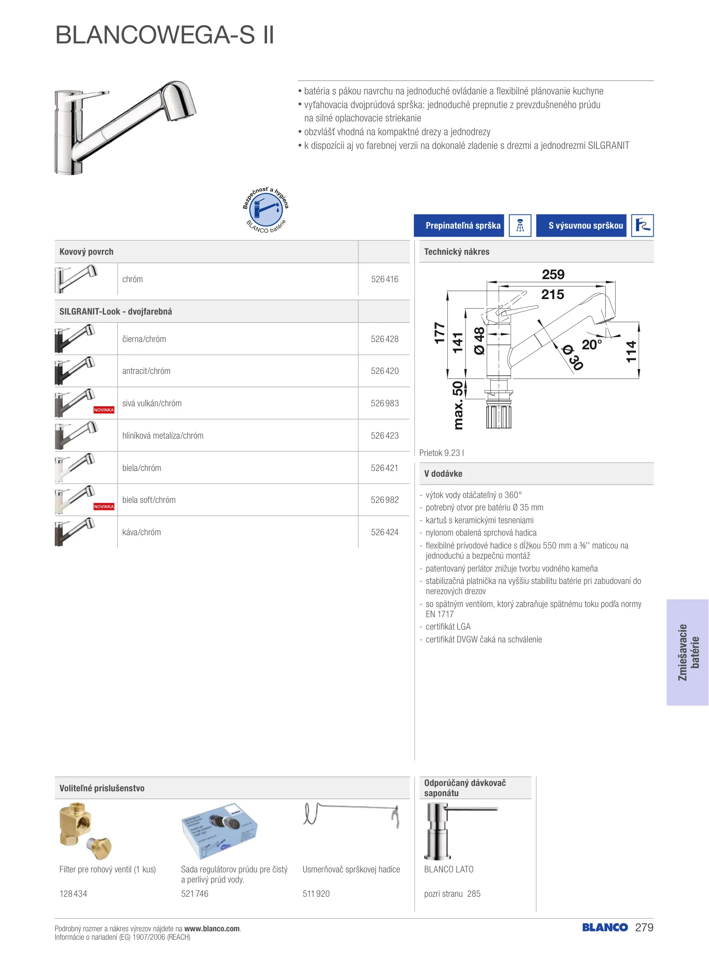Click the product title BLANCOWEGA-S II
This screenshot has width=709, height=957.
pyautogui.click(x=165, y=35)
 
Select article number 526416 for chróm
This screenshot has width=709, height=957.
pyautogui.click(x=384, y=279)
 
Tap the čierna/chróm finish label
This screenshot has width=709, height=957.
pyautogui.click(x=144, y=339)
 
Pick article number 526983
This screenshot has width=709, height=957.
pyautogui.click(x=384, y=403)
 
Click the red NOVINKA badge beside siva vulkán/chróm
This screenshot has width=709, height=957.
pyautogui.click(x=104, y=410)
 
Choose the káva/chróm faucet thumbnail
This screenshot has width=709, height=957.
pyautogui.click(x=75, y=532)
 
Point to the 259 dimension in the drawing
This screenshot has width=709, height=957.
pyautogui.click(x=553, y=275)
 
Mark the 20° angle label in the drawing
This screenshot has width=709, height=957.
pyautogui.click(x=592, y=344)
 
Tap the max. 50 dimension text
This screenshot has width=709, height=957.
pyautogui.click(x=458, y=405)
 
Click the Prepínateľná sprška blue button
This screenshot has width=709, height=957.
pyautogui.click(x=459, y=226)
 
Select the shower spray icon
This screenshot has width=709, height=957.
pyautogui.click(x=520, y=226)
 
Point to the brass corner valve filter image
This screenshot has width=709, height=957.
pyautogui.click(x=84, y=831)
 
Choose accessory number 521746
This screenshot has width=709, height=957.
pyautogui.click(x=194, y=894)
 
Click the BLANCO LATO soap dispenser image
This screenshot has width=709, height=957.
pyautogui.click(x=456, y=831)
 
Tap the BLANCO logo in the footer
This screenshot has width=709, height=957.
pyautogui.click(x=604, y=927)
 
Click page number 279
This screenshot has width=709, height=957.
pyautogui.click(x=644, y=927)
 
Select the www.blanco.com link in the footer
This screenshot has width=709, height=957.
pyautogui.click(x=212, y=929)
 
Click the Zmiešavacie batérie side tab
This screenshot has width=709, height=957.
pyautogui.click(x=688, y=652)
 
